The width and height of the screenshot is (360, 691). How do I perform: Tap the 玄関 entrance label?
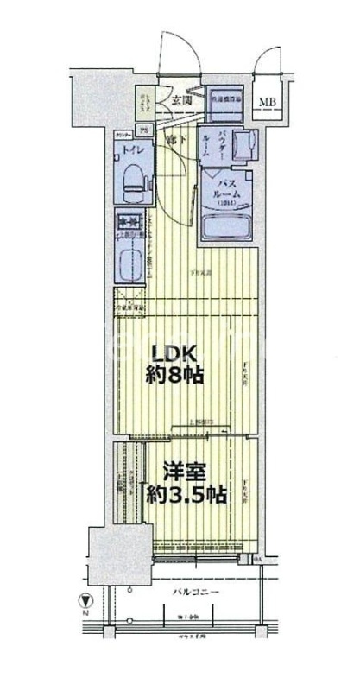(x=181, y=100)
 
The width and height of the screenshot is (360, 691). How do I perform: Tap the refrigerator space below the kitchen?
(x=132, y=302)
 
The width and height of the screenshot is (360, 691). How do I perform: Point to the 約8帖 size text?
(x=177, y=376)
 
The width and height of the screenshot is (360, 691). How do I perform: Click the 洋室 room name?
(x=184, y=473)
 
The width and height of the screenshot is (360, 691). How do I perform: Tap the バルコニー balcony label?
(x=193, y=591)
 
